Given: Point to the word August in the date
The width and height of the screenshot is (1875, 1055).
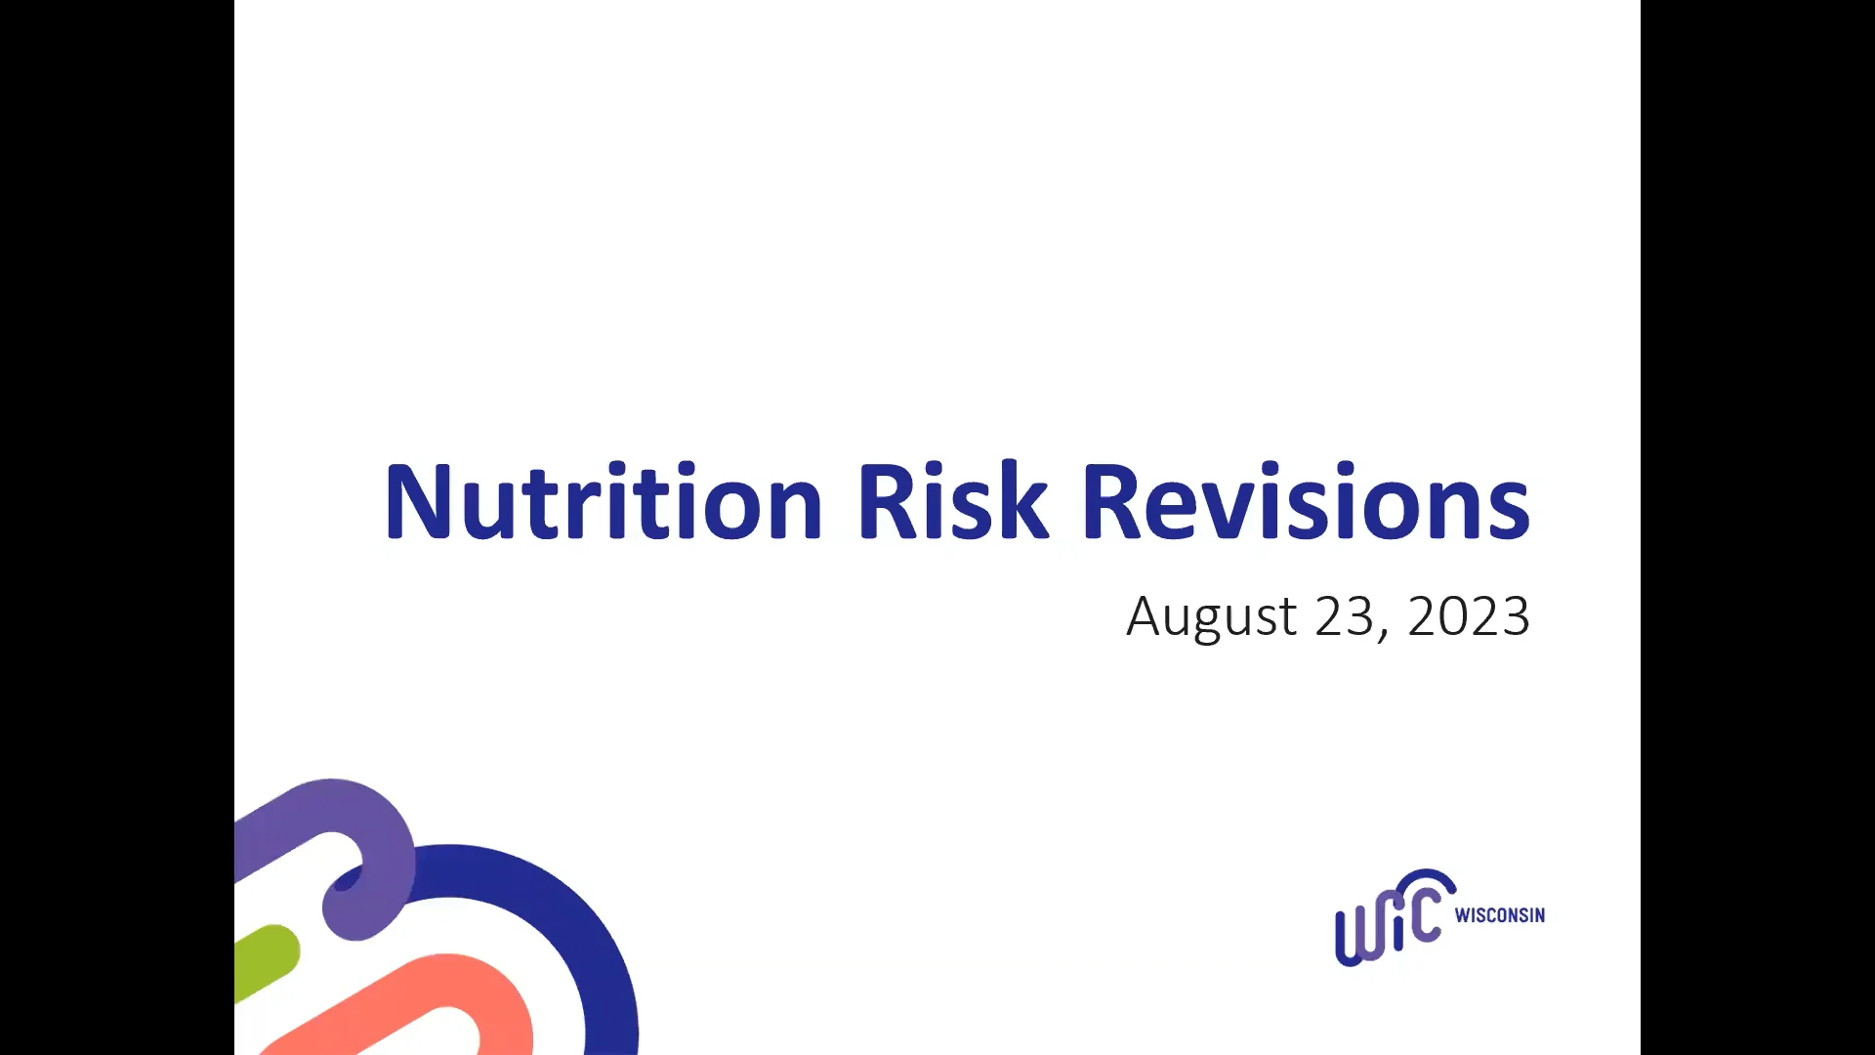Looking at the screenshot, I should click(1212, 616).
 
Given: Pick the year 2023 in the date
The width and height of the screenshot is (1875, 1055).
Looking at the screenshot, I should click(1468, 616).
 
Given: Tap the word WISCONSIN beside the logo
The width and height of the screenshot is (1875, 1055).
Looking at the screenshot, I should click(1499, 915).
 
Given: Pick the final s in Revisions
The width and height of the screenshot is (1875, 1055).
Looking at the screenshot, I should click(1510, 513).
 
